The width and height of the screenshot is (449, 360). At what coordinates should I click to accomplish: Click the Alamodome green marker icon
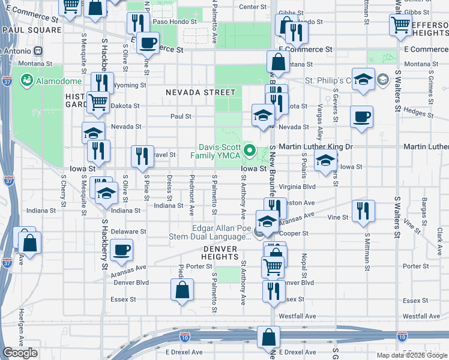coord(26,80)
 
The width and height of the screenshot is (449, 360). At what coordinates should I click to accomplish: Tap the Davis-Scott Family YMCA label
coord(215,151)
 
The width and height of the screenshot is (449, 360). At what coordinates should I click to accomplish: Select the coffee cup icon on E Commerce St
coord(148,43)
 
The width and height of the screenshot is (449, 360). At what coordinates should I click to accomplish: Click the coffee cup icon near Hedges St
coord(361,117)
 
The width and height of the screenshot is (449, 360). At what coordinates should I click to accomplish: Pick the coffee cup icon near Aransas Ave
coord(122,250)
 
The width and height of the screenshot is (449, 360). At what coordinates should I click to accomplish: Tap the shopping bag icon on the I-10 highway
coord(268,337)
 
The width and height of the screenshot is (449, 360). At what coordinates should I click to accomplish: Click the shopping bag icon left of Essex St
coord(182,290)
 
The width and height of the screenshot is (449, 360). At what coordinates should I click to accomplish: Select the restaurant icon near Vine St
coord(363,211)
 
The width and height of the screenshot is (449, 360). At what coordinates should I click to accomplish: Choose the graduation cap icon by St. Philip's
coord(363,80)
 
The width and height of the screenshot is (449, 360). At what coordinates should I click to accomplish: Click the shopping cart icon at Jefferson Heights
coord(400,25)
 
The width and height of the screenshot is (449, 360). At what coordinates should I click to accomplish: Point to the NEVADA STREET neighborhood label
coord(201,92)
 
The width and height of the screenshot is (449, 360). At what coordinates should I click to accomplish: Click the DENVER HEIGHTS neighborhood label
coord(220,253)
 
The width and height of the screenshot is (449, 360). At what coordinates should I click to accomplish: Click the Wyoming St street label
coord(130,85)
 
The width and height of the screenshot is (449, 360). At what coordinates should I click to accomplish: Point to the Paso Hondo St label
coord(175,22)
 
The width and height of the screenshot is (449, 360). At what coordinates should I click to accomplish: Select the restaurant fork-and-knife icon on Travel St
coord(142,156)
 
